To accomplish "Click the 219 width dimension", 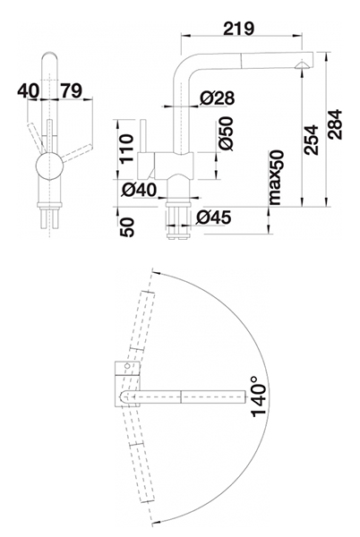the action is pyautogui.click(x=239, y=29).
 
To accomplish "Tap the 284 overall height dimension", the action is pyautogui.click(x=335, y=124).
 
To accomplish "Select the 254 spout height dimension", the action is pyautogui.click(x=311, y=141).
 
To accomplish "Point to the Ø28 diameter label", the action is pyautogui.click(x=218, y=98).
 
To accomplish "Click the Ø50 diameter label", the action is pyautogui.click(x=226, y=133).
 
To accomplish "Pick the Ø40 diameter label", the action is pyautogui.click(x=139, y=190).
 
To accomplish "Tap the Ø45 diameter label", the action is pyautogui.click(x=214, y=217).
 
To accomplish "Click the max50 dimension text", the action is pyautogui.click(x=276, y=177).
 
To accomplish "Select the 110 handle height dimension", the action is pyautogui.click(x=125, y=149).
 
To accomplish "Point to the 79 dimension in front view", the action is pyautogui.click(x=72, y=90).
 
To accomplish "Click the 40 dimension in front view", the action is pyautogui.click(x=29, y=90).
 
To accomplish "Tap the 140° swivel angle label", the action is pyautogui.click(x=259, y=396).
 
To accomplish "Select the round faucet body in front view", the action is pyautogui.click(x=49, y=166).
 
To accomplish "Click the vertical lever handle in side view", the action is pyautogui.click(x=143, y=136).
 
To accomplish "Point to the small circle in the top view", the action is pyautogui.click(x=127, y=366).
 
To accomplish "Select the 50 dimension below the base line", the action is pyautogui.click(x=127, y=227).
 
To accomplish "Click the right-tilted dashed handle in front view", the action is pyautogui.click(x=77, y=153).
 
